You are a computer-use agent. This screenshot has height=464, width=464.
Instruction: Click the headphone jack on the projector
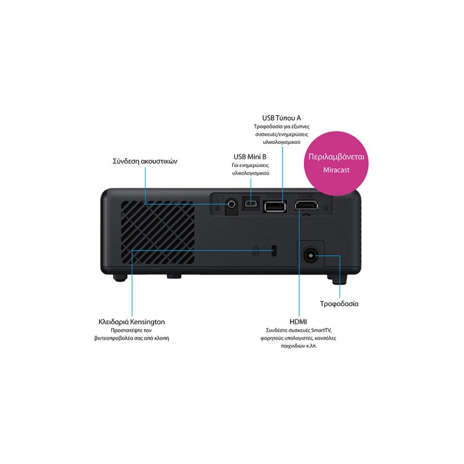pyautogui.click(x=231, y=204)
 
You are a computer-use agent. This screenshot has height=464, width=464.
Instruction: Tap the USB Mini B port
pyautogui.click(x=251, y=204)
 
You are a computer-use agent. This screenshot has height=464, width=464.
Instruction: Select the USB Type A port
pyautogui.click(x=275, y=206)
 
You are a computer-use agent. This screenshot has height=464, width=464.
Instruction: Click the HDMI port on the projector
pyautogui.click(x=306, y=205)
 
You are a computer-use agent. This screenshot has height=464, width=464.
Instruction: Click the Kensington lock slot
pyautogui.click(x=274, y=251)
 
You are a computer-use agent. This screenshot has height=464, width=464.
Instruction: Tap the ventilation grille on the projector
pyautogui.click(x=158, y=233)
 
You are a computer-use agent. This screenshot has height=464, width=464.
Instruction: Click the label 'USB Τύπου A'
pyautogui.click(x=281, y=118)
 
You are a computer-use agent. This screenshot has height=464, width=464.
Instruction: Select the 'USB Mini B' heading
pyautogui.click(x=250, y=157)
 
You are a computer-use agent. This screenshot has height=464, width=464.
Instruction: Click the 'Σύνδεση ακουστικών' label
pyautogui.click(x=145, y=161)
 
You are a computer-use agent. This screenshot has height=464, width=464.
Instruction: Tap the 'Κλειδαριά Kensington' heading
pyautogui.click(x=132, y=322)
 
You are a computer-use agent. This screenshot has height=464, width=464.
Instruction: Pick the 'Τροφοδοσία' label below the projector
pyautogui.click(x=339, y=304)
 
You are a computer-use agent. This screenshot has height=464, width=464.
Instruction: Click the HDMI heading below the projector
pyautogui.click(x=298, y=322)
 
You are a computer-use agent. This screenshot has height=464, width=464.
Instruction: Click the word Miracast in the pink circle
pyautogui.click(x=336, y=170)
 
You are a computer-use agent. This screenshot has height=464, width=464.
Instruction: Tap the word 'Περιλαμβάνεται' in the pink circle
pyautogui.click(x=336, y=157)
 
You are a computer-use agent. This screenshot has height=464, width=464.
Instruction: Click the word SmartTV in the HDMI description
pyautogui.click(x=321, y=330)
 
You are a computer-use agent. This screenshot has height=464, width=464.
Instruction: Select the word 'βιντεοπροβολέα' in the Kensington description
pyautogui.click(x=114, y=338)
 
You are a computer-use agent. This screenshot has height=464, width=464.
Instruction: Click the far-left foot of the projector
pyautogui.click(x=120, y=277)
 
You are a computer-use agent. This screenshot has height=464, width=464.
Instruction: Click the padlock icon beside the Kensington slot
pyautogui.click(x=256, y=251)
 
